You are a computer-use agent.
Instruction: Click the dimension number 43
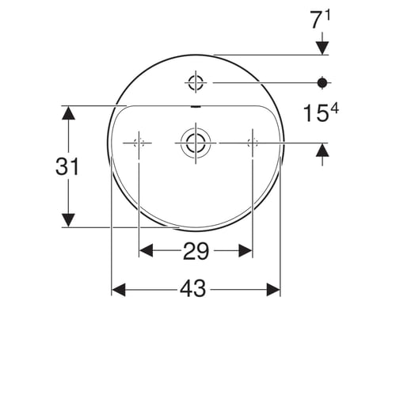192,288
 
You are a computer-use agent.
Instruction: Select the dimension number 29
196,251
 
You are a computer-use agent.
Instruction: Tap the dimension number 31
67,166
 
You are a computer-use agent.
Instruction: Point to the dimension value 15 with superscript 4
321,112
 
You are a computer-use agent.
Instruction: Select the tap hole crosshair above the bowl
196,82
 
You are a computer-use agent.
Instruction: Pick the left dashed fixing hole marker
139,143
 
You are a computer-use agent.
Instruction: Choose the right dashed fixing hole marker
253,143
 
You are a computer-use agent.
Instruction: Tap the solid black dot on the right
322,83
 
